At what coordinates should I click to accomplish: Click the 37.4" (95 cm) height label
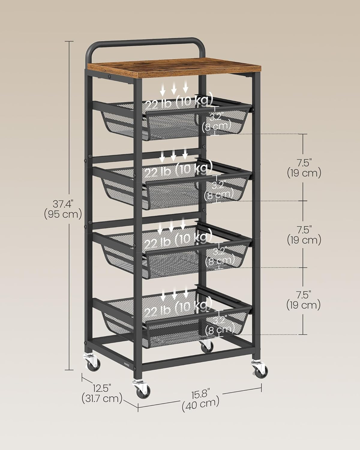pos(63,209)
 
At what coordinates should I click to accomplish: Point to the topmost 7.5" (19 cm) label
pos(304,168)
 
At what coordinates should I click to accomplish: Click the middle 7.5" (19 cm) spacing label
pos(304,235)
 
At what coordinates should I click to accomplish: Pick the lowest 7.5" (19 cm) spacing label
pos(304,300)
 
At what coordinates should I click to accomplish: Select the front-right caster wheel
pos(259,368)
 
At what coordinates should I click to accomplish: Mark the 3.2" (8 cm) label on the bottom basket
pos(220,325)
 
